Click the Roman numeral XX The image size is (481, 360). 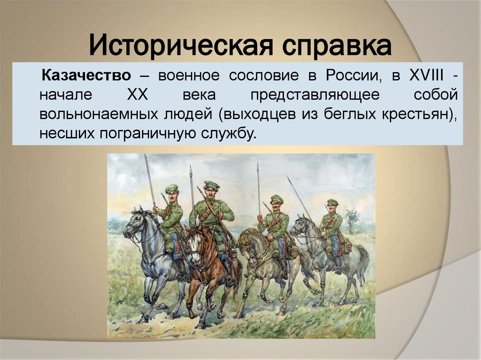tap(138, 95)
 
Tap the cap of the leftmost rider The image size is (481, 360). tap(171, 188)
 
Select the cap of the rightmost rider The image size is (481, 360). tap(333, 202)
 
